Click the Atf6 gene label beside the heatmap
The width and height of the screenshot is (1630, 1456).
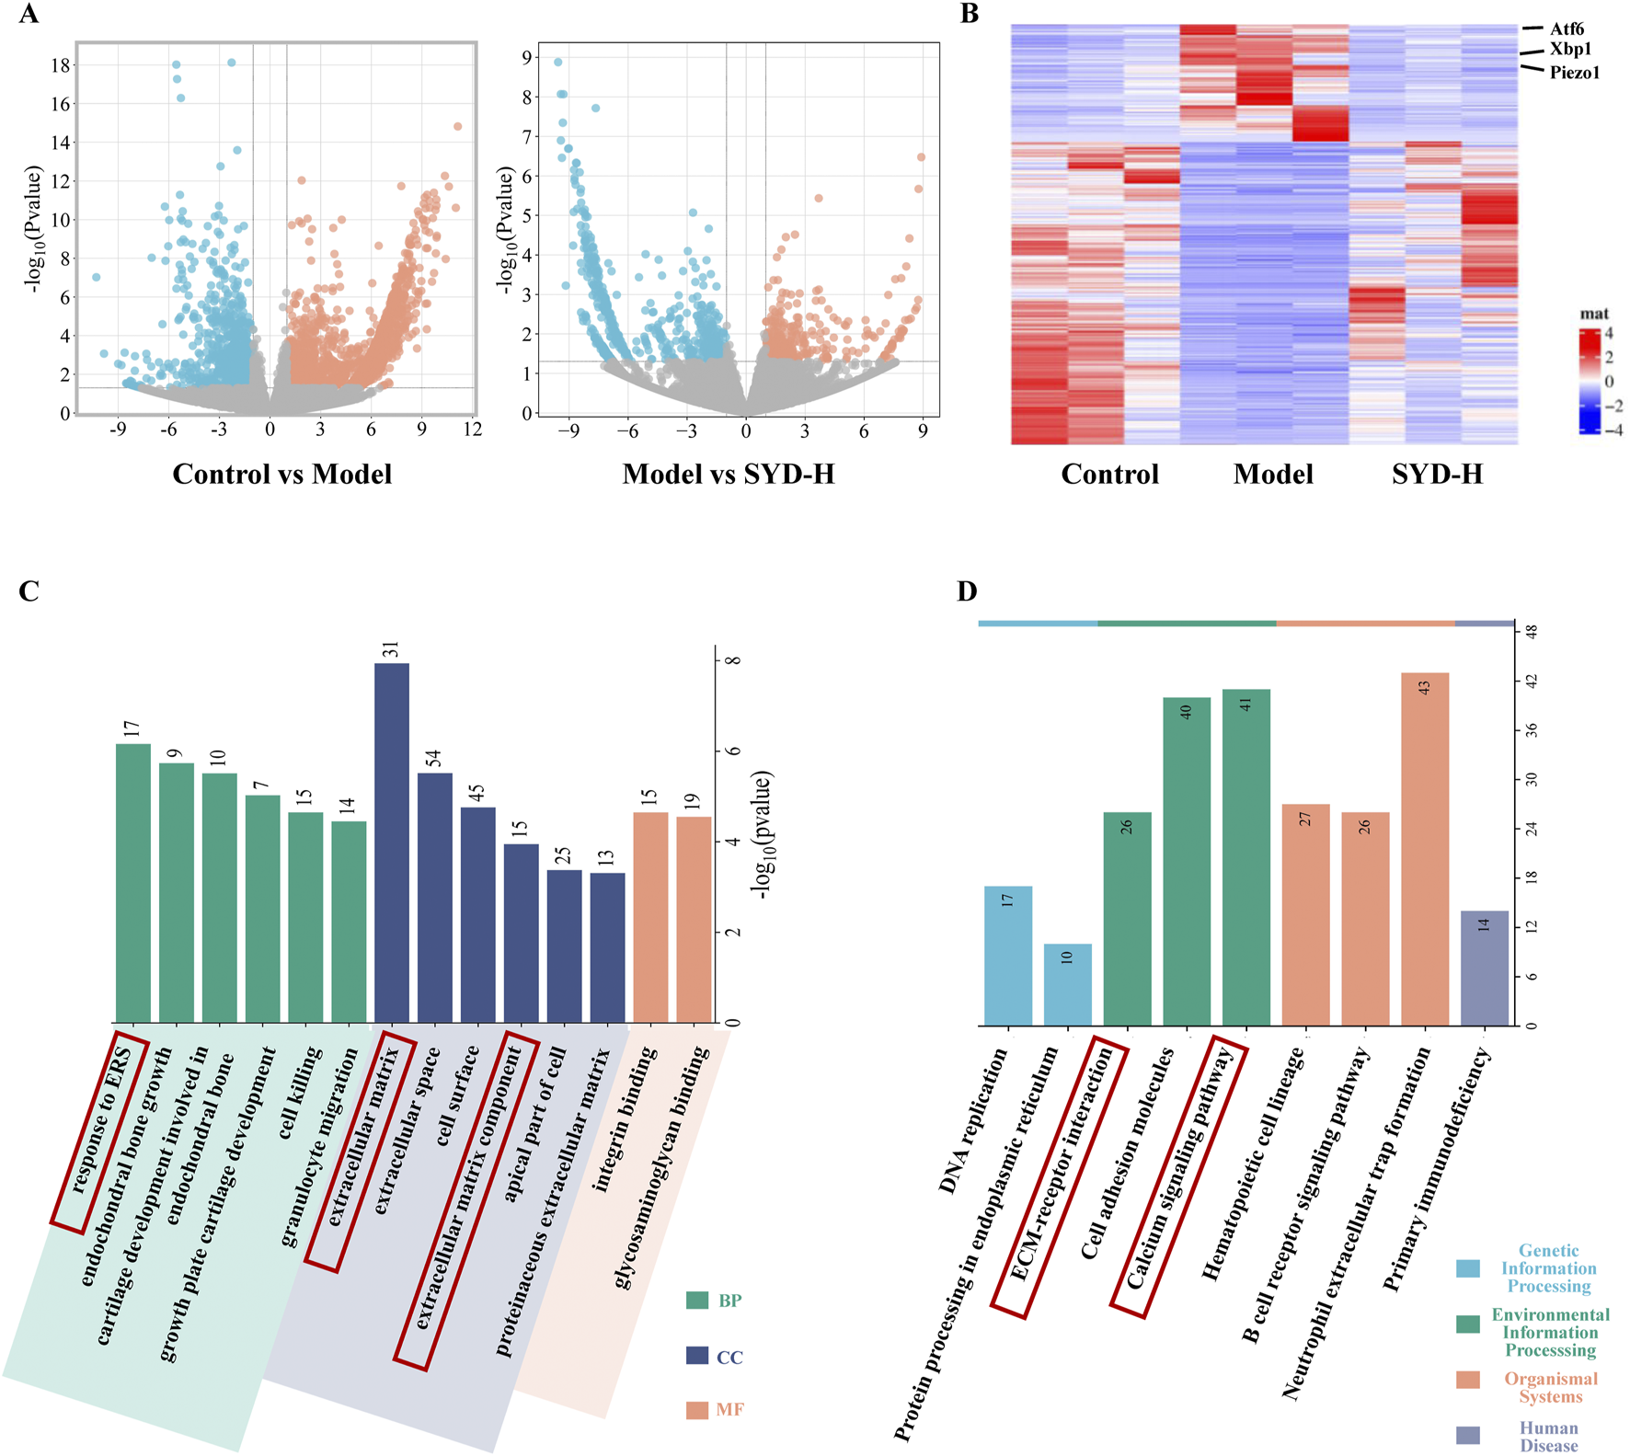(1567, 29)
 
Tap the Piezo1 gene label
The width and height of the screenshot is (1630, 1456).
(1574, 73)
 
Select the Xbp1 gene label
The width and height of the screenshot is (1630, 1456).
(1570, 50)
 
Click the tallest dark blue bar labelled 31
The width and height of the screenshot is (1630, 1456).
(392, 842)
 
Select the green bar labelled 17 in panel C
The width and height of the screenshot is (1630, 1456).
(133, 882)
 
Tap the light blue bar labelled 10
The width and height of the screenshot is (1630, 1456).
(1067, 984)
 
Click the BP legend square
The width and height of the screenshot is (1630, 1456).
(697, 1301)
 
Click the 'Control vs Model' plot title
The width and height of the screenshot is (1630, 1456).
(282, 474)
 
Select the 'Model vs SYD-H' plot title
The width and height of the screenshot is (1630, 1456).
(729, 474)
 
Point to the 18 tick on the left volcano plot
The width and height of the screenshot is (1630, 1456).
(61, 65)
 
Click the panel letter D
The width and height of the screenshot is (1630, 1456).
(967, 591)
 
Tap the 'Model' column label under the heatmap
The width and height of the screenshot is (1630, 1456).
(1273, 474)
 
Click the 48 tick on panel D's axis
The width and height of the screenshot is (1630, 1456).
(1532, 632)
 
